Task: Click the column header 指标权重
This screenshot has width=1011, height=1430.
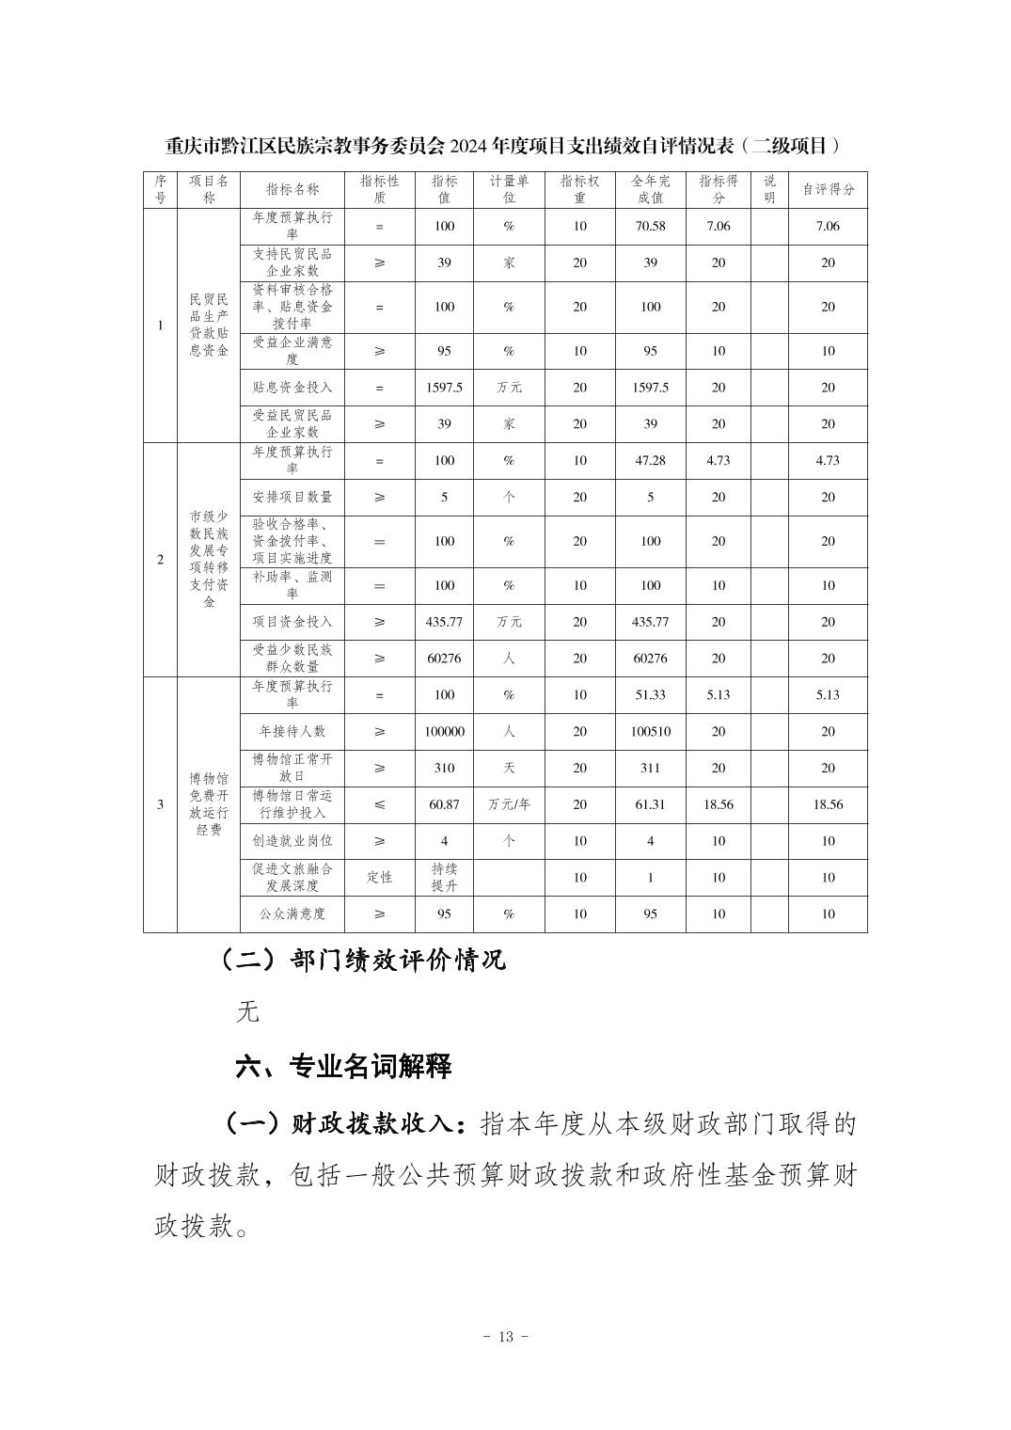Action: tap(579, 189)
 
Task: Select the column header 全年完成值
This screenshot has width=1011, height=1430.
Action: tap(650, 189)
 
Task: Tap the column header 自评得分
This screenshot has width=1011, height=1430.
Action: tap(828, 189)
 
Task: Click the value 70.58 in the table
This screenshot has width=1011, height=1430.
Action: tap(650, 226)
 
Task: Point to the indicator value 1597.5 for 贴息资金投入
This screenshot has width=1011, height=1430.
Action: tap(444, 388)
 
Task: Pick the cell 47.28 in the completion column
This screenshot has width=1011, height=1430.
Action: tap(650, 460)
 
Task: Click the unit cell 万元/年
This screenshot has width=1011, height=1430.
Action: tap(509, 804)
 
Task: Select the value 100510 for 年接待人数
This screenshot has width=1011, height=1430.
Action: tap(650, 731)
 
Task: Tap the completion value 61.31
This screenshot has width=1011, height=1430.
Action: tap(650, 804)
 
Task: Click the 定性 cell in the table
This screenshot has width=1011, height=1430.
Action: tap(379, 877)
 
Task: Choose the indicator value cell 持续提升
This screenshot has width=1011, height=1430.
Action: tap(444, 877)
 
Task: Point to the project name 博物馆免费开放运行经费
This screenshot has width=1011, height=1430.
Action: tap(209, 804)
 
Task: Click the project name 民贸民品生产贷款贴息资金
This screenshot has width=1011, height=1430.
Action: tap(209, 325)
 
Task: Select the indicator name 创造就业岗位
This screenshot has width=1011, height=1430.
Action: tap(292, 841)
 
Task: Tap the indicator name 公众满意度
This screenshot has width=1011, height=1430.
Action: tap(292, 914)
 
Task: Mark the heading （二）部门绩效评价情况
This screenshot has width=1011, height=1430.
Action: tap(362, 959)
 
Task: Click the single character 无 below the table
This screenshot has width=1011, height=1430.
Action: tap(247, 1012)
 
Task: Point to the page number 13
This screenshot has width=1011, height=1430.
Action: tap(505, 1337)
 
